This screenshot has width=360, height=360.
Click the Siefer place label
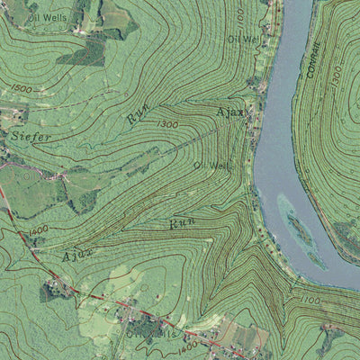(x=32, y=136)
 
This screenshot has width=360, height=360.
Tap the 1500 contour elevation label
(x=22, y=89)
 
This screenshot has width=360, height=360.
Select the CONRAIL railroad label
(x=314, y=58)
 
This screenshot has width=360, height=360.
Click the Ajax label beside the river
(x=231, y=112)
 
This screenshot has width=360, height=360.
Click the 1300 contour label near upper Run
(x=167, y=123)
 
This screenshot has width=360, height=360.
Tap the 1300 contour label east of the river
(x=335, y=75)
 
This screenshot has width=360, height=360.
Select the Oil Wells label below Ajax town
(x=211, y=166)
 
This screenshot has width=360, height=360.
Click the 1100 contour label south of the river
(x=310, y=300)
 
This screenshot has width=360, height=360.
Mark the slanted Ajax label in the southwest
(x=78, y=255)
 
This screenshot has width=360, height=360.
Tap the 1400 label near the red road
(x=38, y=231)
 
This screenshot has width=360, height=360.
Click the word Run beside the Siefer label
(x=138, y=113)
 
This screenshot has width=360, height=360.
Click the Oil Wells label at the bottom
(x=151, y=332)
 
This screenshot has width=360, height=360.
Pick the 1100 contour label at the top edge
(x=239, y=14)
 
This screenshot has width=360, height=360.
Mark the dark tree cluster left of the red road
(x=49, y=291)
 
